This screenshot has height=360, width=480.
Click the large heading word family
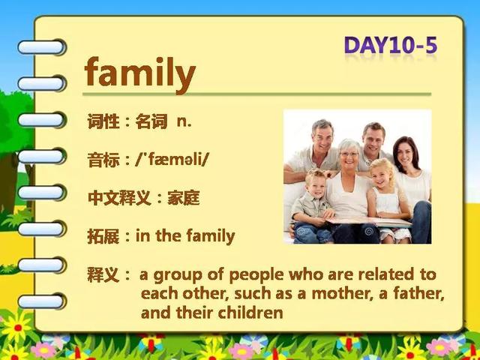pyautogui.click(x=140, y=73)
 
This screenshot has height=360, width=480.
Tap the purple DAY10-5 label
pyautogui.click(x=391, y=46)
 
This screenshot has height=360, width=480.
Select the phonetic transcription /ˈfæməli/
pyautogui.click(x=172, y=160)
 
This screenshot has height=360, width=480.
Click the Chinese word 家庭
pyautogui.click(x=184, y=198)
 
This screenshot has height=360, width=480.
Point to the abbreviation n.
pyautogui.click(x=184, y=122)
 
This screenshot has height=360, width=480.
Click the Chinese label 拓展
pyautogui.click(x=103, y=236)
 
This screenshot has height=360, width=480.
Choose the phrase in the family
pyautogui.click(x=185, y=237)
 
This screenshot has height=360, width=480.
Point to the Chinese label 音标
pyautogui.click(x=103, y=160)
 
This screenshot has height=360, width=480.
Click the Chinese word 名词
pyautogui.click(x=151, y=121)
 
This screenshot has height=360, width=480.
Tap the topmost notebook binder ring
pyautogui.click(x=42, y=47)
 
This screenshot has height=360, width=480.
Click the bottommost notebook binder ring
pyautogui.click(x=42, y=301)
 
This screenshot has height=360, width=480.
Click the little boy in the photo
pyautogui.click(x=312, y=208)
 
